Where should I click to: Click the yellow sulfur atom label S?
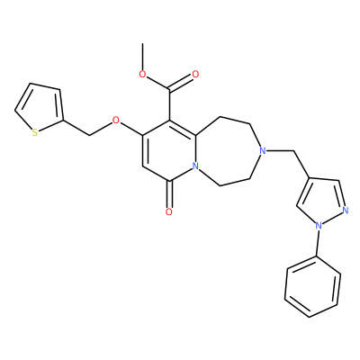tap(35, 132)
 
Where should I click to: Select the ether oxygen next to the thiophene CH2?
tap(115, 121)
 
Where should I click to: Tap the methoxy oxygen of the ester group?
tap(143, 75)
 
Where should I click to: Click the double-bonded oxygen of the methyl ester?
tap(195, 74)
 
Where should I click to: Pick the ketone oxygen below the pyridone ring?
tap(169, 212)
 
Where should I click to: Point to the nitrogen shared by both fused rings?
tap(195, 166)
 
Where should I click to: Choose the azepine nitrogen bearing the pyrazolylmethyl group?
tap(263, 151)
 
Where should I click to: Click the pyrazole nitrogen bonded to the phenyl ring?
tap(319, 225)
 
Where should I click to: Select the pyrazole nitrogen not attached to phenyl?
tap(346, 210)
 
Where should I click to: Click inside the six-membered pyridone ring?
tap(169, 151)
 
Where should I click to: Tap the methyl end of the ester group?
tap(143, 44)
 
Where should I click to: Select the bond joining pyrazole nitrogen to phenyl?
tap(317, 241)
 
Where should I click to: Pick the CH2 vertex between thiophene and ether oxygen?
tap(89, 136)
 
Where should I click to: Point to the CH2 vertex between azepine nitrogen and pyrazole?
tap(292, 151)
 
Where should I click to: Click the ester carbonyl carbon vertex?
tap(169, 89)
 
